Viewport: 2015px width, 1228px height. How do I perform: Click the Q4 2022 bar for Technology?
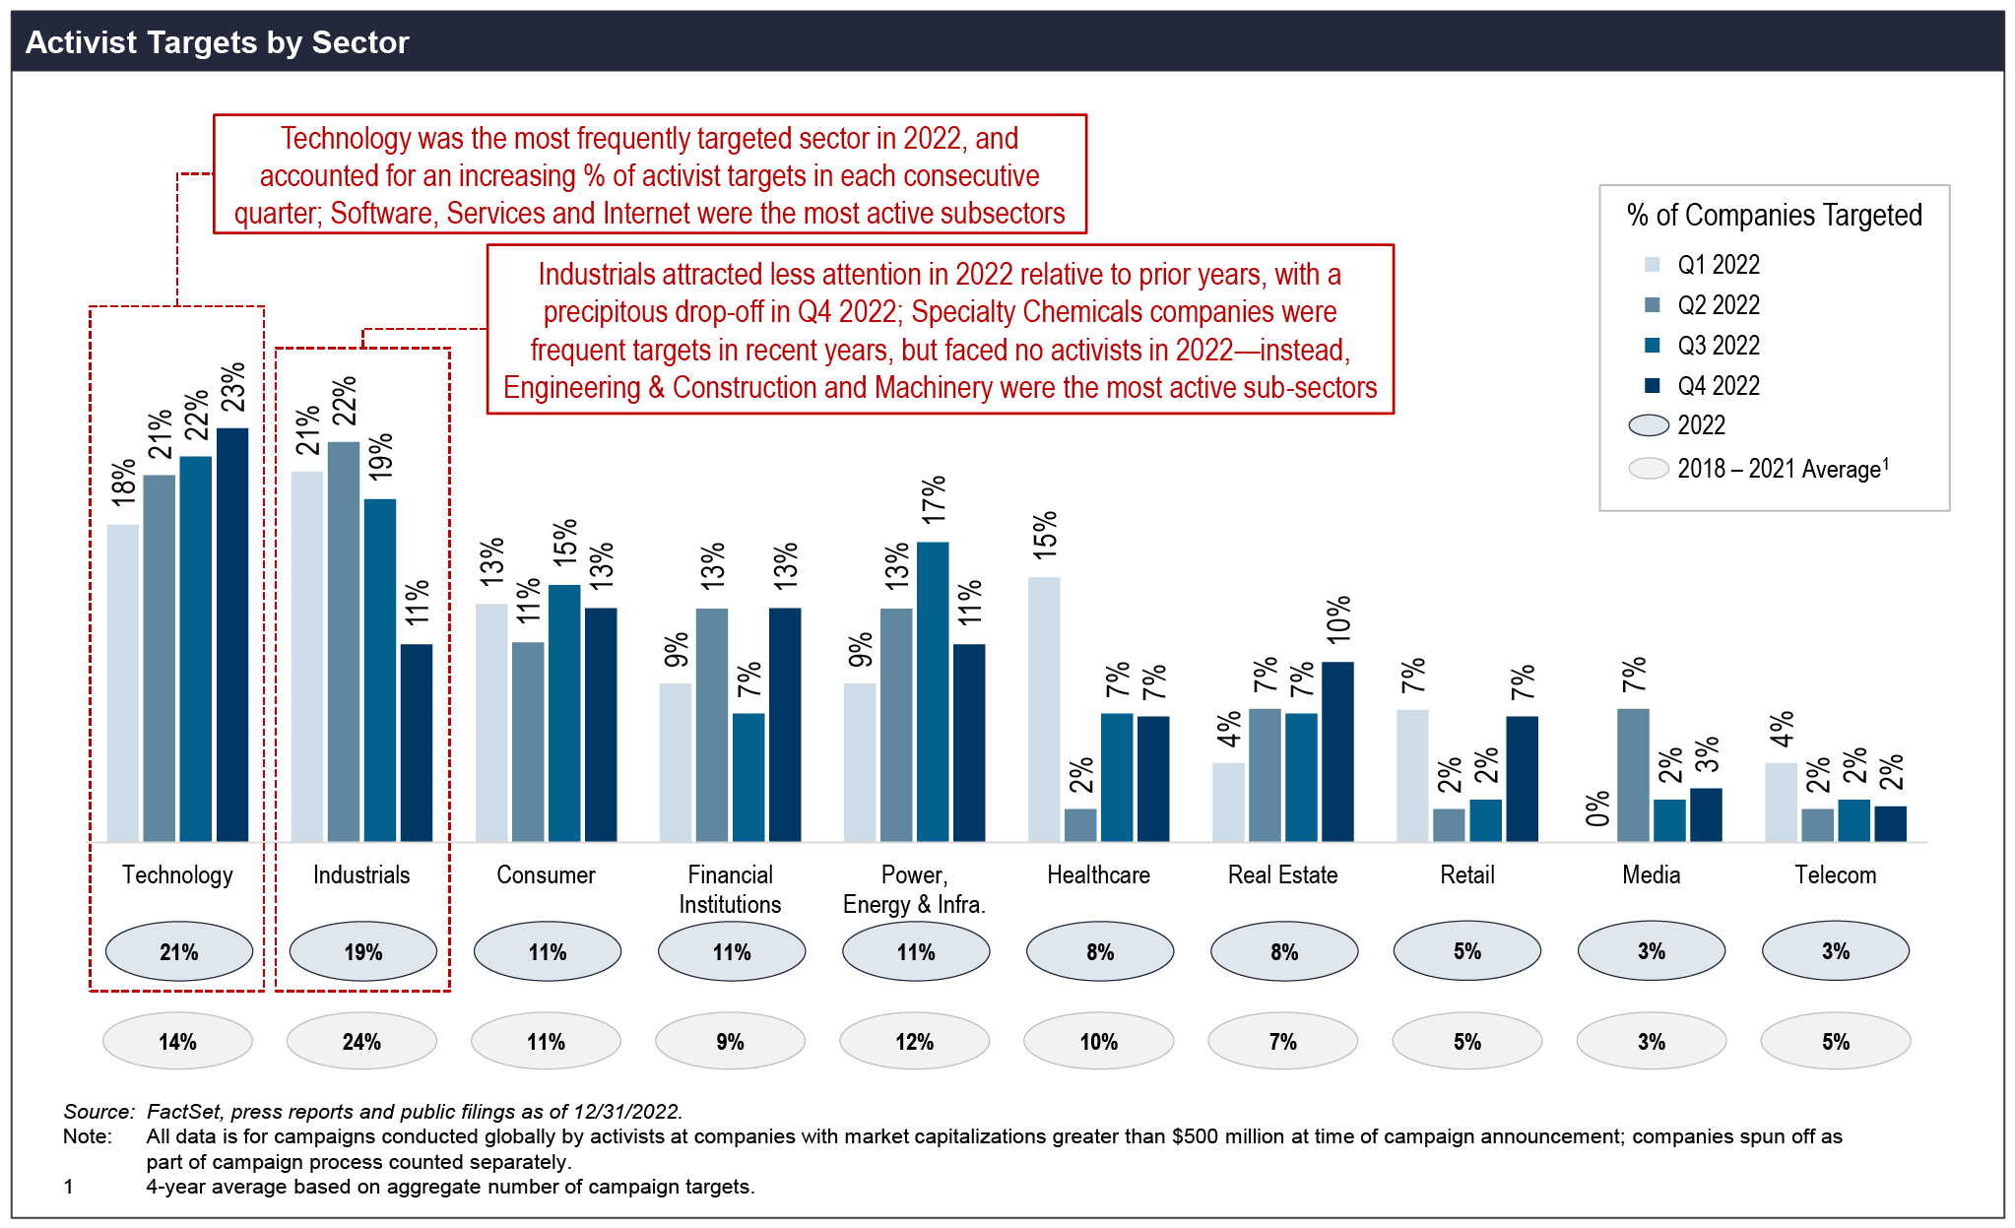[232, 635]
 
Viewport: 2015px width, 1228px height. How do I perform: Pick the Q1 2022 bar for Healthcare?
[1044, 709]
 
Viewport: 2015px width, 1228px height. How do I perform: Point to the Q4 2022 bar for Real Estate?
[1337, 751]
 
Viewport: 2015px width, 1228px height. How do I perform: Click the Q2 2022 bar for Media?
[1633, 775]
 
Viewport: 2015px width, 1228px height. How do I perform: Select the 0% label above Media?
[1597, 808]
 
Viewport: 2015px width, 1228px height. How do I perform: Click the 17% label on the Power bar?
[934, 498]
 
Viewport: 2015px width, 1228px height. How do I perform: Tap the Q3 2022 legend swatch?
[1653, 346]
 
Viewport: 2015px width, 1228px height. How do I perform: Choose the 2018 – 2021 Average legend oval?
[1649, 469]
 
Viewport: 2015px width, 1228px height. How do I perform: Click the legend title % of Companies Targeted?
[1774, 216]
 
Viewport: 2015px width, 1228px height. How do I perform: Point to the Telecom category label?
[1835, 874]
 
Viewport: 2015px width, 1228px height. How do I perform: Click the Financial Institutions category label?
[730, 889]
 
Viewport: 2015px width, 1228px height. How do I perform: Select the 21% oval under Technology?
[178, 951]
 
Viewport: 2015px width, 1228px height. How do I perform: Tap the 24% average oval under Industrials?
[361, 1041]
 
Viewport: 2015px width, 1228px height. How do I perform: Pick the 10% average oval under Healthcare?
[1098, 1041]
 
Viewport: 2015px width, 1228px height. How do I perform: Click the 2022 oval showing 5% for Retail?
[1466, 951]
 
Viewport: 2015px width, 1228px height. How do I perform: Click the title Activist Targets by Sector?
[218, 42]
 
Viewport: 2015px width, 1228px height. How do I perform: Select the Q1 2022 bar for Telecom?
[1781, 802]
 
